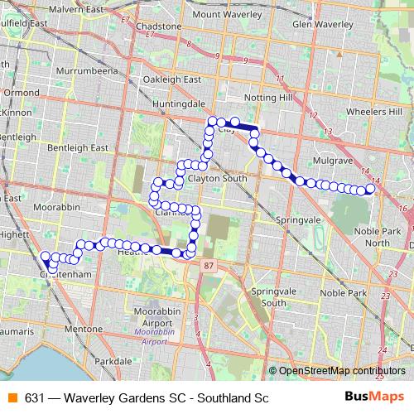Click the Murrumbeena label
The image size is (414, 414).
pyautogui.click(x=85, y=72)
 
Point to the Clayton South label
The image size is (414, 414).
pyautogui.click(x=217, y=178)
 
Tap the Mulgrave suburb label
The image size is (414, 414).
pyautogui.click(x=330, y=155)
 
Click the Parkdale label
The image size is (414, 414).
pyautogui.click(x=113, y=362)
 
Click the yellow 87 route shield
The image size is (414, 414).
pyautogui.click(x=209, y=265)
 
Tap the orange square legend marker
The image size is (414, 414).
pyautogui.click(x=11, y=397)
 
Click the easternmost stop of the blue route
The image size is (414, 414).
pyautogui.click(x=370, y=190)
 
